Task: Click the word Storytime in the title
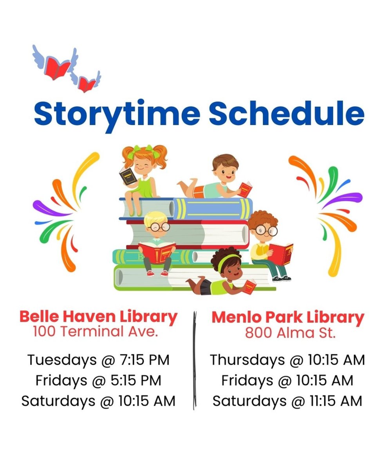tap(117, 113)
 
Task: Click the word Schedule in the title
tap(286, 113)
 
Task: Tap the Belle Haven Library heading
tap(98, 316)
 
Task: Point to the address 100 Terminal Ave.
tap(96, 331)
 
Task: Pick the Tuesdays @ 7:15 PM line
tap(98, 360)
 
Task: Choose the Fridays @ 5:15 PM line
tap(98, 380)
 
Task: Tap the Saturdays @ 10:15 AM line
tap(98, 401)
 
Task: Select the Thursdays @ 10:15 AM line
tap(287, 360)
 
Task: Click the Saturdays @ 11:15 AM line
tap(287, 401)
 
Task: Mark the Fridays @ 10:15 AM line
tap(287, 380)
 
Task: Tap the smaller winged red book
tap(87, 83)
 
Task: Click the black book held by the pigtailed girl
tap(128, 176)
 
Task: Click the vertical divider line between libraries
tap(193, 360)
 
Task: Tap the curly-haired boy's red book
tap(280, 253)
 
